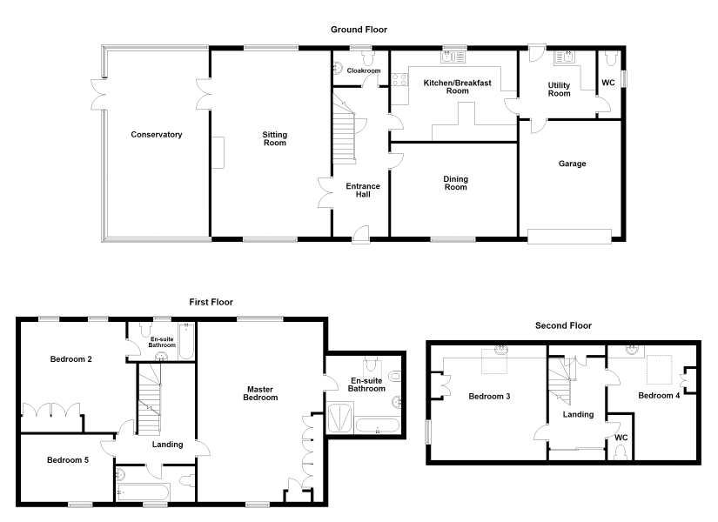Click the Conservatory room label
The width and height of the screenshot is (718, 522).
click(x=157, y=135)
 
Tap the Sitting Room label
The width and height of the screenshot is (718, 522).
click(x=275, y=138)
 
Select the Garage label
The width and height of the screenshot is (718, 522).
click(x=573, y=164)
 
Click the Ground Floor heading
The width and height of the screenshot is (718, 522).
click(x=359, y=30)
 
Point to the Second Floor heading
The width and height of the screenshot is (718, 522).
click(x=563, y=325)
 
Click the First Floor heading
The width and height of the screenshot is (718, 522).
click(x=211, y=302)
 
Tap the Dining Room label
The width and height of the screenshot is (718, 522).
click(x=456, y=184)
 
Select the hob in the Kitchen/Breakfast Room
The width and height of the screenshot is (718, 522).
click(x=399, y=80)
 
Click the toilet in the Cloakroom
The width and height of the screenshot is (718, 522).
click(x=368, y=57)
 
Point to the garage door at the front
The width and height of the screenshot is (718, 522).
click(x=570, y=237)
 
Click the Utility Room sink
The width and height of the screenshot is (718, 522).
click(x=565, y=57)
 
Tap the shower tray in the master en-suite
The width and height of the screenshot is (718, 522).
click(x=340, y=418)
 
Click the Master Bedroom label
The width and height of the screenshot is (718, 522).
click(x=260, y=393)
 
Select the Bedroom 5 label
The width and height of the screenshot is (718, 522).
click(x=68, y=460)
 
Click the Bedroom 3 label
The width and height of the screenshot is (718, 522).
click(x=489, y=397)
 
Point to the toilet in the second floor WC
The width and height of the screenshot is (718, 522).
click(x=621, y=452)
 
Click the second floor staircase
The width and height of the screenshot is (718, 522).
click(x=560, y=381)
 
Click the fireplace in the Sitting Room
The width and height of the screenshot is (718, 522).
click(x=218, y=152)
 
